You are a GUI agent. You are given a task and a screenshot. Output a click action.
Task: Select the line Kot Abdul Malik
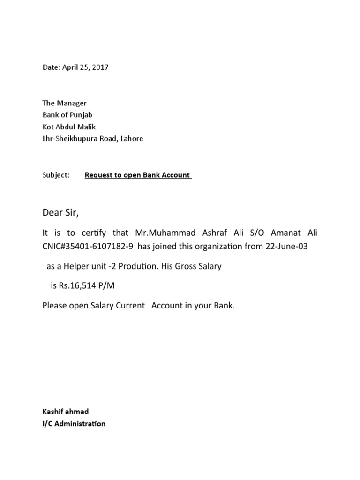69,127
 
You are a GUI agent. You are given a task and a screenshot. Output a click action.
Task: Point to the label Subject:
56,175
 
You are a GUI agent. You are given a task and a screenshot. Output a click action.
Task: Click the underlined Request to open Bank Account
137,175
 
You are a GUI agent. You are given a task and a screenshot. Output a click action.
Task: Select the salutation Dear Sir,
61,214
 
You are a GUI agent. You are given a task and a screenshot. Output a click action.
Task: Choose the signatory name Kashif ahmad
65,412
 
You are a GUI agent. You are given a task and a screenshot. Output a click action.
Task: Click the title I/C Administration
74,424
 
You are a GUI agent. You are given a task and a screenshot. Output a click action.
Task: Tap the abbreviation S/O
256,233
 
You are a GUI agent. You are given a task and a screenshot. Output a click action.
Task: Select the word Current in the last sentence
126,306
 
